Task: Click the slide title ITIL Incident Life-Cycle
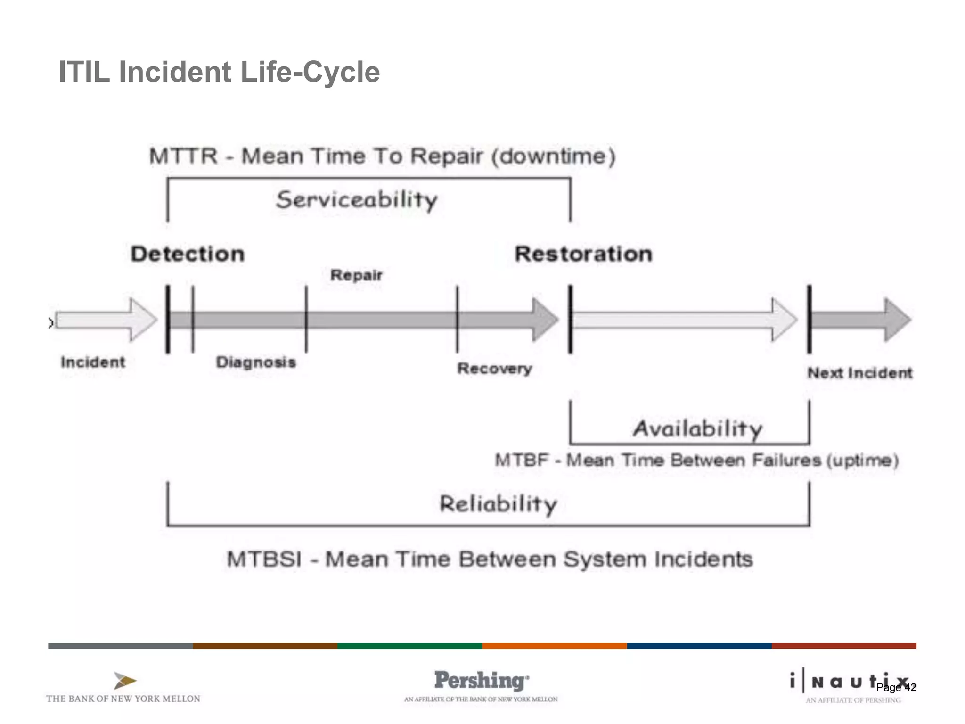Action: click(219, 72)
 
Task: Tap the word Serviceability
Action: click(357, 200)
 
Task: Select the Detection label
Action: click(188, 254)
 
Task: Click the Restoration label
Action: click(583, 254)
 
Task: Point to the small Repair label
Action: click(356, 275)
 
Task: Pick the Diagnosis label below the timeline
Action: click(256, 362)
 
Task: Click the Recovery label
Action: click(494, 368)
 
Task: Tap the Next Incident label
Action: click(860, 373)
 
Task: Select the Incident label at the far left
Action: click(93, 362)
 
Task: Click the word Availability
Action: click(697, 429)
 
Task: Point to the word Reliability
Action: click(498, 504)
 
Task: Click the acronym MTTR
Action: click(183, 156)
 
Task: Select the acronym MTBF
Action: click(522, 460)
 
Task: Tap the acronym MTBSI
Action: click(264, 559)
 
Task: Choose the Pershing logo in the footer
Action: click(481, 681)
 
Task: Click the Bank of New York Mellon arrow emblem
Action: click(124, 681)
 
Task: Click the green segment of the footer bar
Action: click(409, 646)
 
